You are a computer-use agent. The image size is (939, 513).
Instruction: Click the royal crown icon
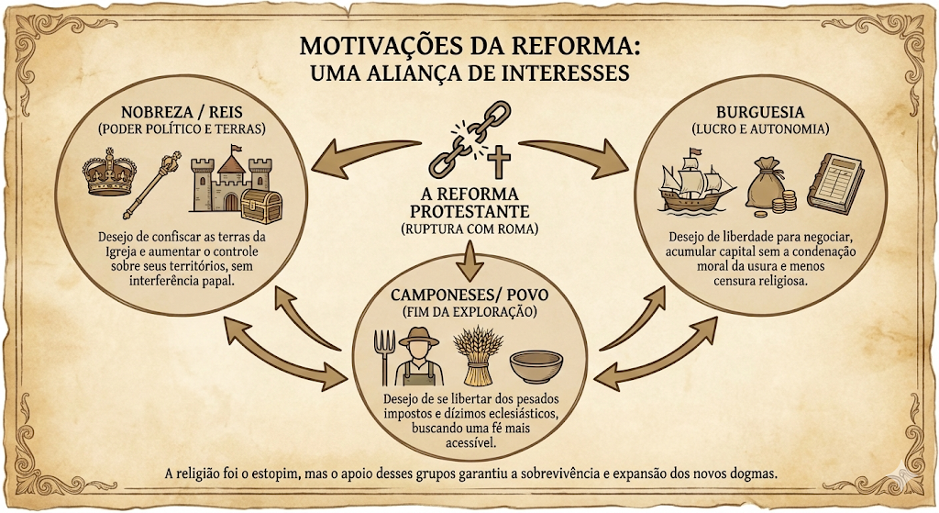coord(109,172)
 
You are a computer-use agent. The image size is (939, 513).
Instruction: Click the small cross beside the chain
coord(498,163)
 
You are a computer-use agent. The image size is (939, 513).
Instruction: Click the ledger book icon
coord(835,181)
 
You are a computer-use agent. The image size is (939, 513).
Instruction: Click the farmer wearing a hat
coord(418,357)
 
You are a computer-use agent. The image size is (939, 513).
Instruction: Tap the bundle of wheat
coord(477,355)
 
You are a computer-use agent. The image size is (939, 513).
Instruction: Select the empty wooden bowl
coord(536,367)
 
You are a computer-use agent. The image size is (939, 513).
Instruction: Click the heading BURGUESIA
coord(760,112)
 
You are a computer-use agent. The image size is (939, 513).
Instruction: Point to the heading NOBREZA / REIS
coord(182,112)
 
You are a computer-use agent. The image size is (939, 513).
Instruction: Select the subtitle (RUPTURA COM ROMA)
coord(469,229)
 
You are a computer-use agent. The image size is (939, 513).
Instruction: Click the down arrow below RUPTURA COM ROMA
coord(470,260)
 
